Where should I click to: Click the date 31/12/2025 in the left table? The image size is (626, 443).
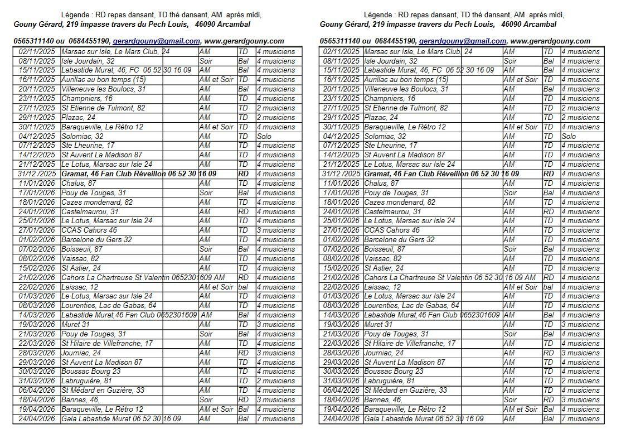tap(37, 174)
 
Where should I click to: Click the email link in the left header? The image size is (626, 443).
tap(156, 41)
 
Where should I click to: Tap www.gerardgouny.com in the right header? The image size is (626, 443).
tap(550, 41)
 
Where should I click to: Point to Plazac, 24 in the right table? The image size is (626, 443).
tap(381, 118)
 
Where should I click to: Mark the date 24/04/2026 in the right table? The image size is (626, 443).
tap(341, 419)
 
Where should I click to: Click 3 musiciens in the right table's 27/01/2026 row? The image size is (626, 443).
tap(580, 230)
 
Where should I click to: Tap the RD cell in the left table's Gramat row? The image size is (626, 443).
tap(244, 174)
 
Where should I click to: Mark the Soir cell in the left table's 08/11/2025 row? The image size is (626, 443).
tap(206, 61)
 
